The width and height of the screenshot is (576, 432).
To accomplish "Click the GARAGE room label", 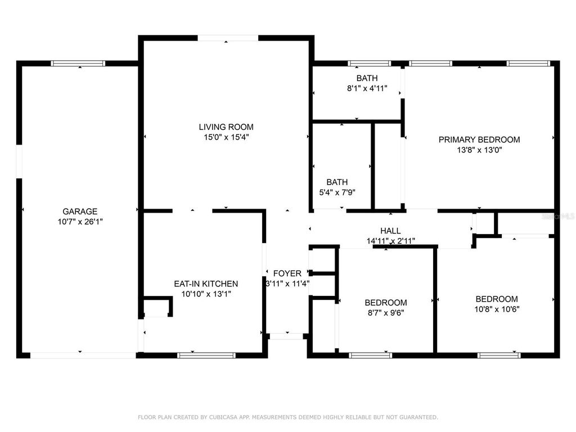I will tap(80, 211).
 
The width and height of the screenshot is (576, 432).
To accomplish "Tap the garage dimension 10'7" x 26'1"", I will tap(80, 222).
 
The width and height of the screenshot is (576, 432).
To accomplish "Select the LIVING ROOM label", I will tap(226, 127).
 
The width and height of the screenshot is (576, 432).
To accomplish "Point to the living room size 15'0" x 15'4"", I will tap(226, 137).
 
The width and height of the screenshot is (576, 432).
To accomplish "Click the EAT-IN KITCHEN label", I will tap(206, 283).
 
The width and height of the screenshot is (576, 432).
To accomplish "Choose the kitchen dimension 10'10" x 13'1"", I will tap(206, 294).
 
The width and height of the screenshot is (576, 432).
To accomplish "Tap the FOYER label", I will tap(287, 273).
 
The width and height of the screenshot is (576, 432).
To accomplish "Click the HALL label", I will tap(390, 231).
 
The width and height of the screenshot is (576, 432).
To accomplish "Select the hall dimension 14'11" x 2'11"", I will tap(390, 241).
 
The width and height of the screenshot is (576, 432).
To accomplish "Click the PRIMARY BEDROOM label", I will tap(479, 139).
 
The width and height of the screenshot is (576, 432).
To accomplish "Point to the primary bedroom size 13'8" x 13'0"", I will tap(479, 150).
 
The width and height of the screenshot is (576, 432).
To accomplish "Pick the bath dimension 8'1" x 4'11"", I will tap(367, 88).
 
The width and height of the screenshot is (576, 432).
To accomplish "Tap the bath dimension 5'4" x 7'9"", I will tap(337, 192).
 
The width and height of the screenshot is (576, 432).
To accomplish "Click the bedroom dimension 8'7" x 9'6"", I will tap(385, 312).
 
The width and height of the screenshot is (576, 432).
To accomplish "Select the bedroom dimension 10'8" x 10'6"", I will tap(497, 309).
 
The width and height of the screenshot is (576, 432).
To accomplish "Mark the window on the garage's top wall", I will tap(78, 64).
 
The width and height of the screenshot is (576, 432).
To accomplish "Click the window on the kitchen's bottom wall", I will tap(206, 355).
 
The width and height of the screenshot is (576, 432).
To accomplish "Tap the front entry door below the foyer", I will tap(287, 336).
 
